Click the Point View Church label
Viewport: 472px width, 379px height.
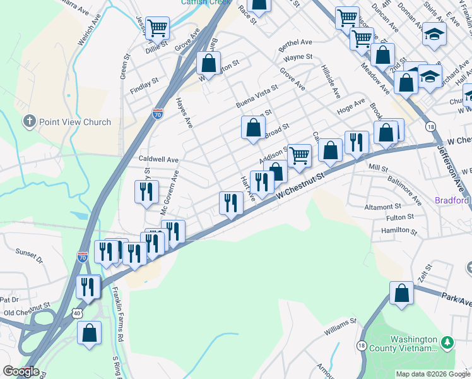[x=74, y=122]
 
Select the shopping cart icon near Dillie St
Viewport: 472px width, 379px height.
[x=157, y=28]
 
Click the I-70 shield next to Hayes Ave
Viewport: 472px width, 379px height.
[x=157, y=114]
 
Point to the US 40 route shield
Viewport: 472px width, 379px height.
[x=76, y=313]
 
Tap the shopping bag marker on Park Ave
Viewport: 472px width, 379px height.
[x=401, y=294]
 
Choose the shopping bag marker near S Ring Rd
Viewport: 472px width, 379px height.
[x=90, y=333]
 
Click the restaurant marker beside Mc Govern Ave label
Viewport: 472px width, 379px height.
[x=146, y=191]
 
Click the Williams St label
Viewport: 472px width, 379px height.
[x=341, y=326]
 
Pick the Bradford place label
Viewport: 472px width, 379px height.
[x=452, y=201]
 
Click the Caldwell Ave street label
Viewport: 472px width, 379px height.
[x=158, y=160]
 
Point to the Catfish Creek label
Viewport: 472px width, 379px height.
[x=206, y=3]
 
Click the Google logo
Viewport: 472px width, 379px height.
[x=21, y=371]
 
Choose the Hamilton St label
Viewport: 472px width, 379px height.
[x=399, y=231]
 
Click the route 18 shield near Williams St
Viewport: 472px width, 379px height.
[x=362, y=345]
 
